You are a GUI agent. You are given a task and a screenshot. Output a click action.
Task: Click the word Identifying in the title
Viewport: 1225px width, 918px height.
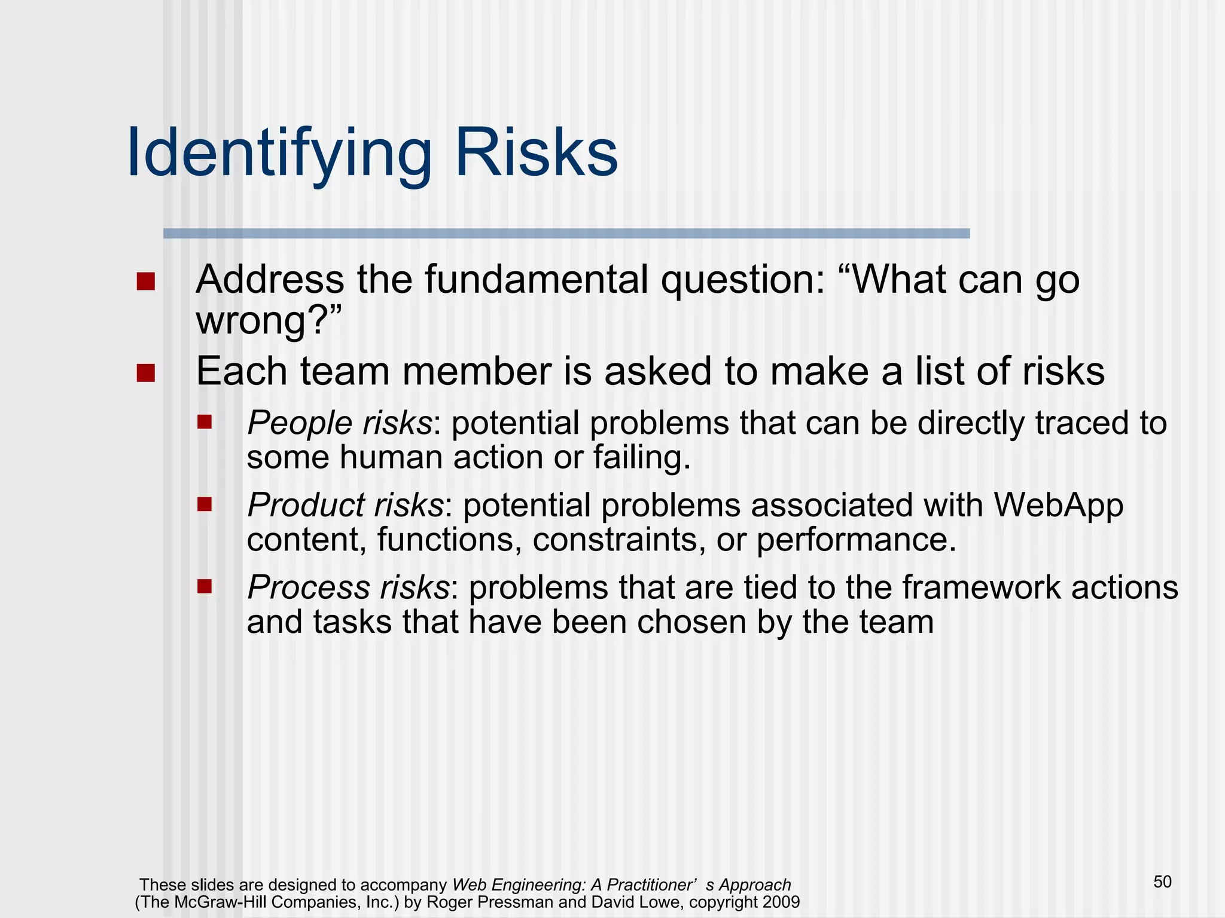(x=279, y=154)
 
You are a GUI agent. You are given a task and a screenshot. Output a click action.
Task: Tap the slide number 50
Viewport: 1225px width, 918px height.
(x=1162, y=882)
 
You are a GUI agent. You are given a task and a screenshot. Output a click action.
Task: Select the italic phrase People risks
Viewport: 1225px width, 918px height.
(x=339, y=423)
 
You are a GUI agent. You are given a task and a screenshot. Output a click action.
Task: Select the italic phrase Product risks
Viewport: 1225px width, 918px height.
(x=345, y=505)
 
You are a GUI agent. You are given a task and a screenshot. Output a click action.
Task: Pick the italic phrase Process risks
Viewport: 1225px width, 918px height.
(x=348, y=587)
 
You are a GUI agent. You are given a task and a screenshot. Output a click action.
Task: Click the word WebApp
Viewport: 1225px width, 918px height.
(x=1058, y=505)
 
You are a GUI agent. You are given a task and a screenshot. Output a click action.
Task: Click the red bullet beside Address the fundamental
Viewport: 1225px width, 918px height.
(x=145, y=281)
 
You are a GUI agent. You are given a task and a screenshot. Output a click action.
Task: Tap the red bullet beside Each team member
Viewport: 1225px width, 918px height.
(x=145, y=373)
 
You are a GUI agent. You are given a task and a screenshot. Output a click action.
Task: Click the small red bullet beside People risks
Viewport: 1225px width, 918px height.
(x=205, y=423)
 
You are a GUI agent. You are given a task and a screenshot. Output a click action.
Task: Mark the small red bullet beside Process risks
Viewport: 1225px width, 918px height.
(x=205, y=586)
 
